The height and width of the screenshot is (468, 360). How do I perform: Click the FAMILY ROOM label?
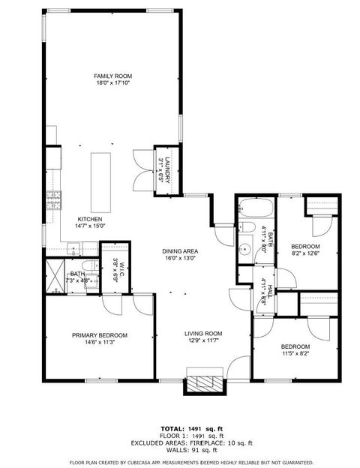pos(113,76)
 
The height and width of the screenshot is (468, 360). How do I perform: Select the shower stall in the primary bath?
pos(55,276)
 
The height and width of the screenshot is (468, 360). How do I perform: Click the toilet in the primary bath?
pos(88,268)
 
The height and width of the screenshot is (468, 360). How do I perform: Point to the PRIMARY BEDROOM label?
pos(100,335)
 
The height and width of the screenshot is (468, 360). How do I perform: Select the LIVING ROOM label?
pos(204,333)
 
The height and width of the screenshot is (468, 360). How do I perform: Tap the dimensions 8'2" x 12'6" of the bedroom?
pos(305,253)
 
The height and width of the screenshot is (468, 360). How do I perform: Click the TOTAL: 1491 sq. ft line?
pos(180,427)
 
